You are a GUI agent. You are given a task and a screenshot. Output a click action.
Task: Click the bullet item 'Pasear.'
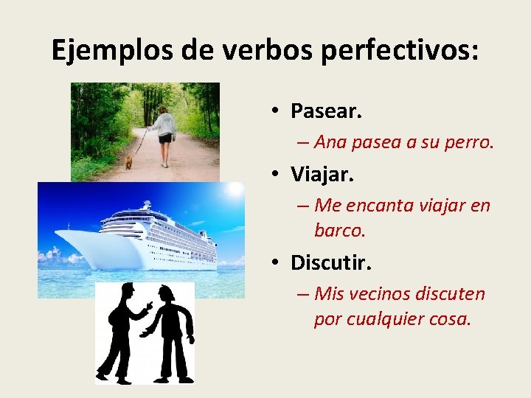326,111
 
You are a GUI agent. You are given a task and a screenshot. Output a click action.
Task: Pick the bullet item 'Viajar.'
322,175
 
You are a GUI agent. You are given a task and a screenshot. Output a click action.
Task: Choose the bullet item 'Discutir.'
331,262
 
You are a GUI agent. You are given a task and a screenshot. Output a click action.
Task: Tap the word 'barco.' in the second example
339,231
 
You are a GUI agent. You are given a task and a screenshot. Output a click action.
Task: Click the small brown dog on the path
128,161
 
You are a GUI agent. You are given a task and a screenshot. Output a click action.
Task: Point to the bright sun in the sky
235,189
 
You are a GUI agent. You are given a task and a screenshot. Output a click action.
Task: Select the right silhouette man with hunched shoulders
172,332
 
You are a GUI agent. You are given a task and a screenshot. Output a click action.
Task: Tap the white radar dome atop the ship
147,204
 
